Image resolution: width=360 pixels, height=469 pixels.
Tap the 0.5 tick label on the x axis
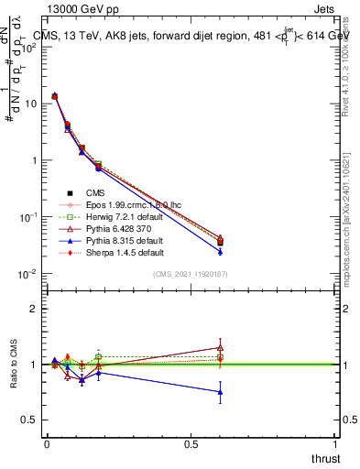191,444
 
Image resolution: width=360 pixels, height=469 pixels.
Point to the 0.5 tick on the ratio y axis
35,420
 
